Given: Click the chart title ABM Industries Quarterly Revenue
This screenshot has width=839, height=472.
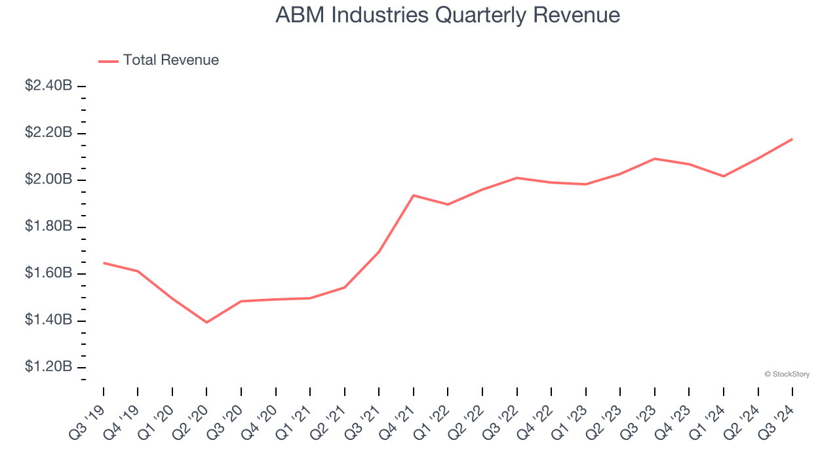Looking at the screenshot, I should tap(448, 15).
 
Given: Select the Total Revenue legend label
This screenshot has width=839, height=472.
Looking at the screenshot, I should tap(170, 60).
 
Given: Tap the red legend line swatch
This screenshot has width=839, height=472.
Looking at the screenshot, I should tap(108, 61).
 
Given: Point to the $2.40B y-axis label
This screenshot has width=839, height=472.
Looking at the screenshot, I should tap(49, 86).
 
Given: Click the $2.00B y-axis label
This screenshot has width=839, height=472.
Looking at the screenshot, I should tap(49, 180).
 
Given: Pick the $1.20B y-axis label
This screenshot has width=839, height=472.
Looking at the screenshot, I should tap(49, 366).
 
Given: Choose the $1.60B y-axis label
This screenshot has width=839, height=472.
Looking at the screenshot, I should tap(49, 273).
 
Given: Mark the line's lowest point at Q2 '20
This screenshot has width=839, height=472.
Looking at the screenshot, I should tap(206, 323).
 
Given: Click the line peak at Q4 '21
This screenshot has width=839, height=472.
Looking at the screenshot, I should tap(414, 195).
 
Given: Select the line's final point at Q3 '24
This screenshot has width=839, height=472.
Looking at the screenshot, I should tap(792, 139).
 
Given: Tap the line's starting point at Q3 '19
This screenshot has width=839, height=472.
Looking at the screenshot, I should tap(104, 263).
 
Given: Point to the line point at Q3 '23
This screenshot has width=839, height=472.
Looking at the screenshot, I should tap(655, 159).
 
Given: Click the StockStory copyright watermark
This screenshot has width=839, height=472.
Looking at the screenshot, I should tap(787, 374).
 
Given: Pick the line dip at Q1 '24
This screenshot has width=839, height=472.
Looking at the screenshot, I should tap(724, 176).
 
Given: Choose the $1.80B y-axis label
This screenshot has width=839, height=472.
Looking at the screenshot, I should tap(49, 227).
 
